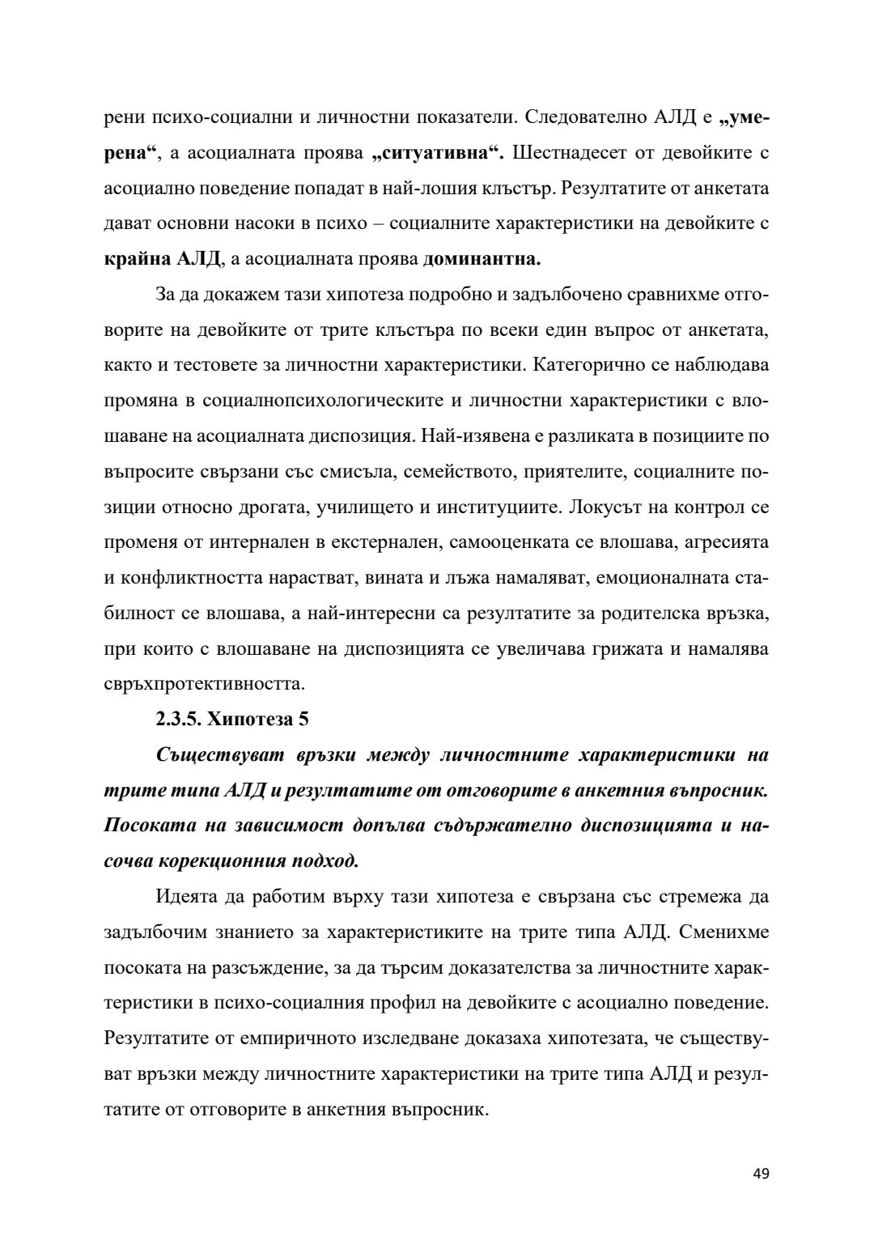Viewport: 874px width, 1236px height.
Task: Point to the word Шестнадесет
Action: pos(579,152)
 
